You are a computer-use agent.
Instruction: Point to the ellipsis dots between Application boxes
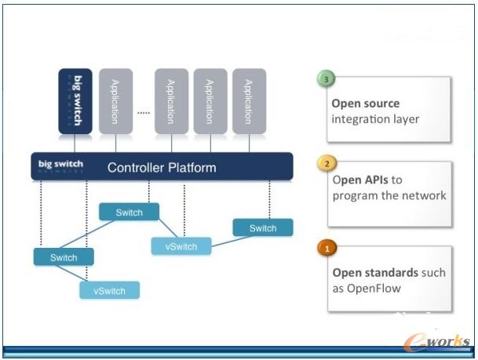tap(143, 112)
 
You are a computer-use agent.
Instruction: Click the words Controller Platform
tap(162, 167)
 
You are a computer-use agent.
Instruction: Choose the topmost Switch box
tap(129, 213)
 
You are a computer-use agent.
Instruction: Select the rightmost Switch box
tap(263, 228)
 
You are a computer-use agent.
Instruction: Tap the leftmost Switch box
tap(64, 257)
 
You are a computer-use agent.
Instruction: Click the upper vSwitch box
tap(181, 246)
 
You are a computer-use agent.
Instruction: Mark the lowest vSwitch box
tap(109, 290)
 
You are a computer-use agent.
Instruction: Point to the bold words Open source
tap(365, 103)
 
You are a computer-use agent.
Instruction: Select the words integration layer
tap(375, 118)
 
